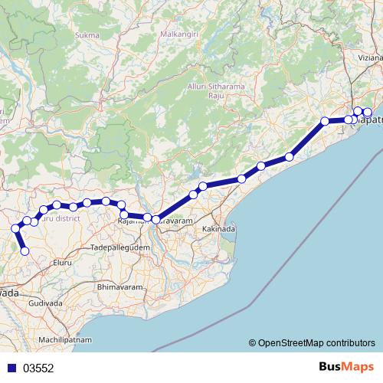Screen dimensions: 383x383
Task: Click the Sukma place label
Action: click(89, 35)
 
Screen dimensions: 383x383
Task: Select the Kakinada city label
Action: click(218, 229)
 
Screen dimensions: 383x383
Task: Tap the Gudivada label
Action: click(45, 304)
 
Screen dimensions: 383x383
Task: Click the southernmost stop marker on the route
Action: click(25, 250)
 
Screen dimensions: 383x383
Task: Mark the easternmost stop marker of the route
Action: click(368, 113)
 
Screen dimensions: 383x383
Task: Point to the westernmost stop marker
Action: click(15, 228)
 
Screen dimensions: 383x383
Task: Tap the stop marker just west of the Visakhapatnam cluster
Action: click(325, 120)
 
